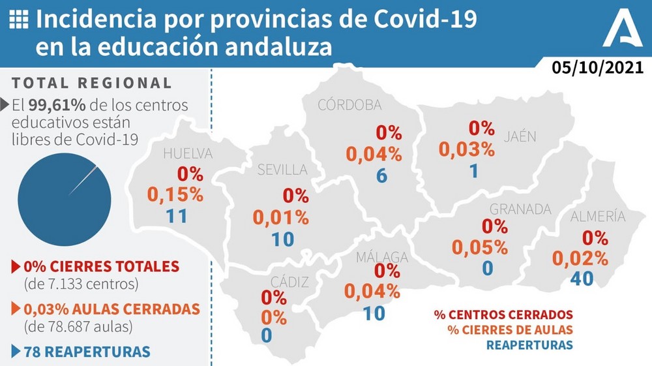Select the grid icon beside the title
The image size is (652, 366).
point(21,20)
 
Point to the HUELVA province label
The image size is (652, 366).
point(188,154)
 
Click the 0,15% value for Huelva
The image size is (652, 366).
point(176,194)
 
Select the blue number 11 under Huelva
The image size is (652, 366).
point(177,216)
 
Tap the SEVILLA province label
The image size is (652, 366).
point(282,170)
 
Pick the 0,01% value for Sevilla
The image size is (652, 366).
point(282,217)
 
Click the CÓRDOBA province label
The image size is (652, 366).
point(349,106)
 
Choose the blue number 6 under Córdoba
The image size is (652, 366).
point(381,176)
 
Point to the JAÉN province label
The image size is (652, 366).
point(520,137)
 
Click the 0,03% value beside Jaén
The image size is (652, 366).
point(467,149)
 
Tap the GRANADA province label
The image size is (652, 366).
point(520,209)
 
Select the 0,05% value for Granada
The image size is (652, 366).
point(480,247)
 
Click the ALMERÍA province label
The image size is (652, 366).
point(597,217)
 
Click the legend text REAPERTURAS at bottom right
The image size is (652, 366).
point(529,344)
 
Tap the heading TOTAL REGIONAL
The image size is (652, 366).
point(92,84)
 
